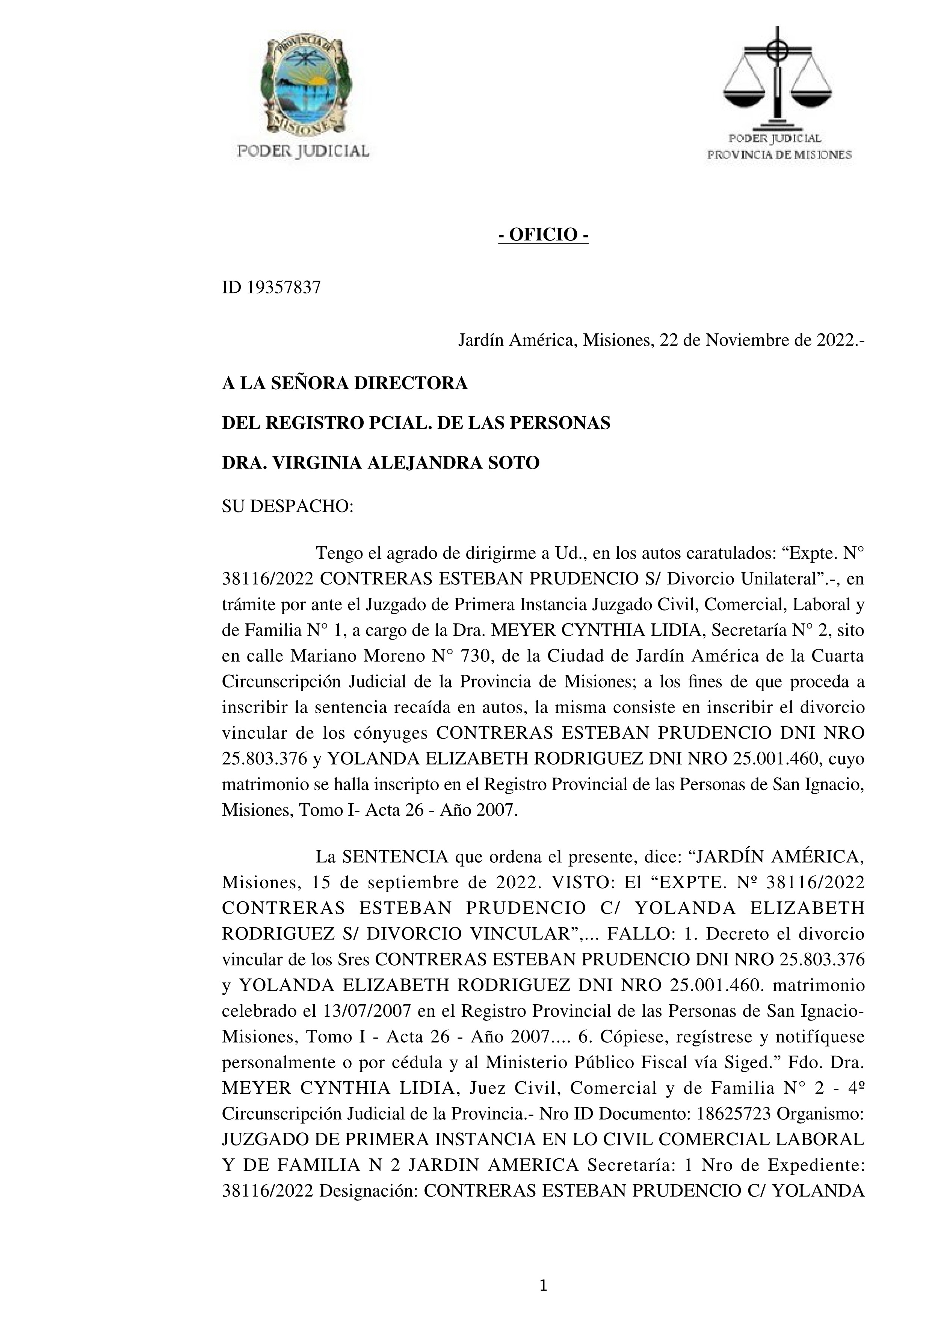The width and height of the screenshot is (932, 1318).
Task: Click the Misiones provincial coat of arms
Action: tap(304, 86)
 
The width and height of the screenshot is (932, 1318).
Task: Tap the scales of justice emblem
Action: tap(778, 77)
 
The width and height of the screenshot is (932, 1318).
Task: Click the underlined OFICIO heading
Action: tap(543, 235)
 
